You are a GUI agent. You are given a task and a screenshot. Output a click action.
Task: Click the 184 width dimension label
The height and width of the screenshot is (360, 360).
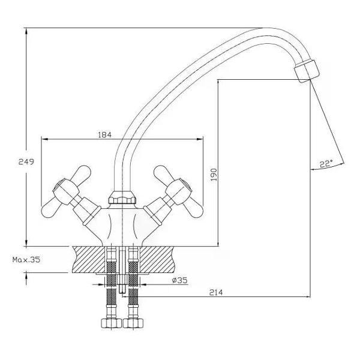104,134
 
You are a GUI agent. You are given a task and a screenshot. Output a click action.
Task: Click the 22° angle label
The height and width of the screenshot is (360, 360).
326,163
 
